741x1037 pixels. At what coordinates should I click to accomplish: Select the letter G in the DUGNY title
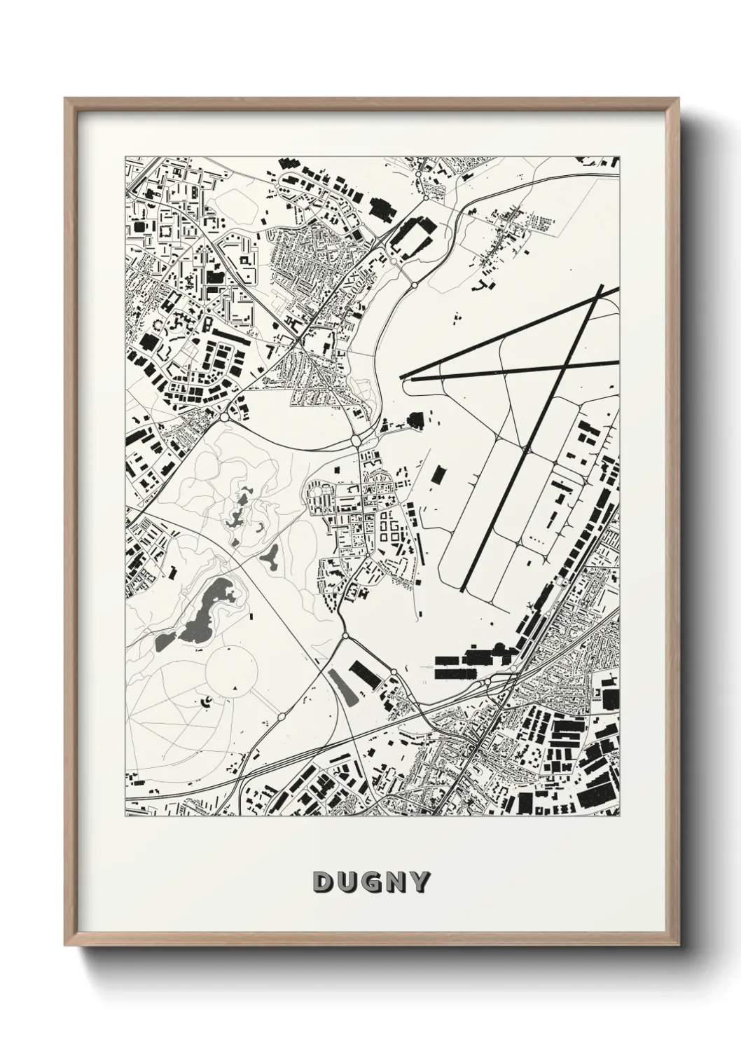371,882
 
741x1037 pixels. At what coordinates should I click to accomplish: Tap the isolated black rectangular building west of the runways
438,474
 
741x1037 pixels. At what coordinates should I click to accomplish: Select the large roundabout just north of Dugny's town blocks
355,441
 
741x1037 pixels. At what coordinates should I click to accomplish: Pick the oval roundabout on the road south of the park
281,716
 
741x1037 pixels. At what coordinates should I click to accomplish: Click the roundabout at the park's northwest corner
224,416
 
